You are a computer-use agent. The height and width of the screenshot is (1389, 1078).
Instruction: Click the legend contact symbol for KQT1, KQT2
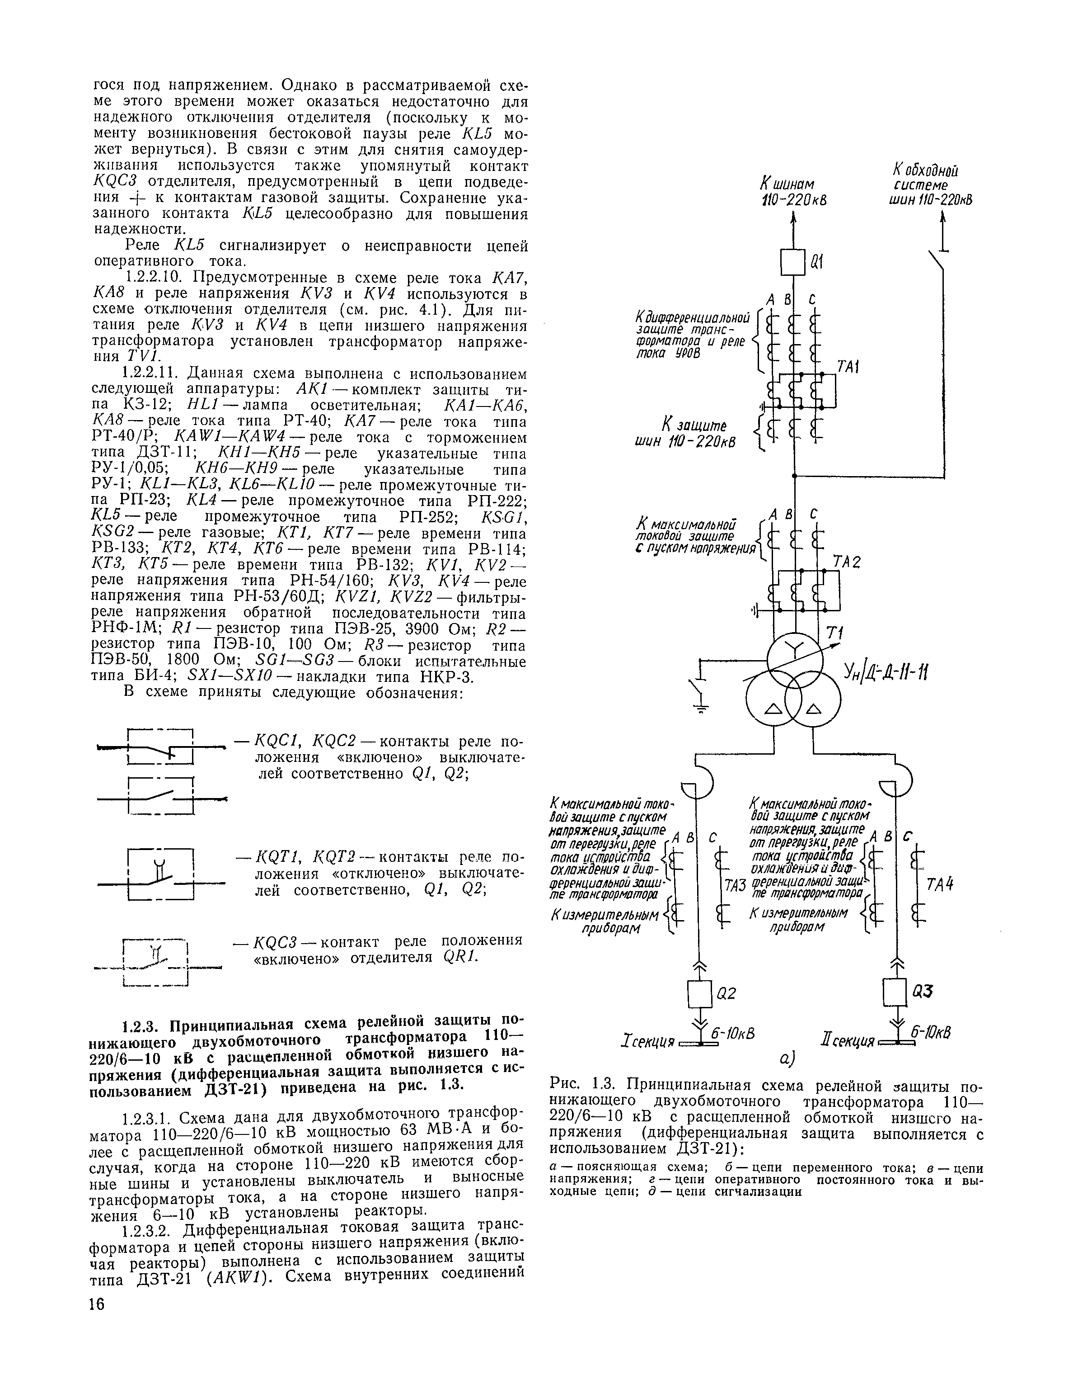(161, 874)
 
